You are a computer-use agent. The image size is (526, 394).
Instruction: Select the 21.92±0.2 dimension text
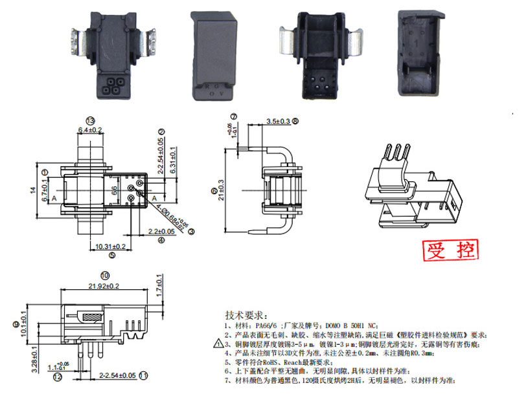point(96,285)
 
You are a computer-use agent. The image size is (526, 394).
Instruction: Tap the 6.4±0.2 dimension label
point(90,130)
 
